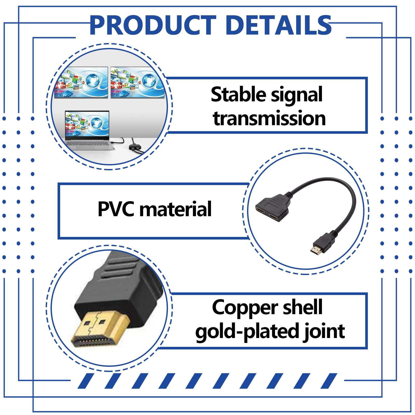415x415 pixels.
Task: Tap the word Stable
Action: (238, 95)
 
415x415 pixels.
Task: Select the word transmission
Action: (269, 118)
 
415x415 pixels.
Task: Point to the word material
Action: (175, 209)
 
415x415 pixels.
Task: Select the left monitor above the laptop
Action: (81, 82)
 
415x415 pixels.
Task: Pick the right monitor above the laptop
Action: (137, 82)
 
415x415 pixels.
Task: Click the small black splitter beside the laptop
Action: (136, 147)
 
